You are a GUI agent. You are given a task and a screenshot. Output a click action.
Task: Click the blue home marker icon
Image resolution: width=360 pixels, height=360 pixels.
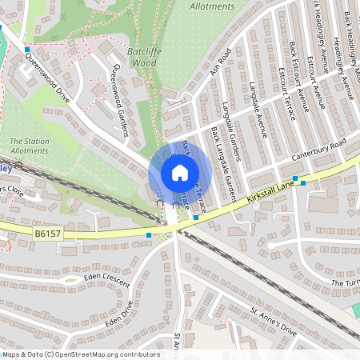click(180, 173)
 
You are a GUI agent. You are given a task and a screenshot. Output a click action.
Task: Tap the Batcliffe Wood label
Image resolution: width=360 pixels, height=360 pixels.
click(145, 55)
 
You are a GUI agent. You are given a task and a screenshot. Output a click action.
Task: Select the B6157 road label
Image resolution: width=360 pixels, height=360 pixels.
click(48, 234)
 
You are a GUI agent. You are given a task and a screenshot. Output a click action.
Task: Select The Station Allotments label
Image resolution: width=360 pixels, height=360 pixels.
click(29, 146)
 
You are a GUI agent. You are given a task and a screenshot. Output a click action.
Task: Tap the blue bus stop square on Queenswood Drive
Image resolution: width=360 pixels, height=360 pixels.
click(26, 49)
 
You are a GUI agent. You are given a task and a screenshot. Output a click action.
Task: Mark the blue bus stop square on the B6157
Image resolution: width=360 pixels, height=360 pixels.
click(150, 235)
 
